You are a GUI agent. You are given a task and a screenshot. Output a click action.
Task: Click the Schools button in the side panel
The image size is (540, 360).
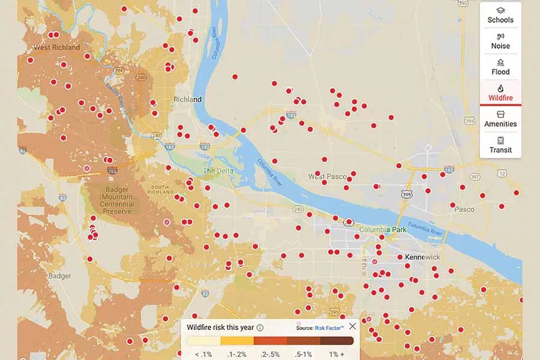(500, 15)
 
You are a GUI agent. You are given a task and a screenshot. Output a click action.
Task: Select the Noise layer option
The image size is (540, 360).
(500, 41)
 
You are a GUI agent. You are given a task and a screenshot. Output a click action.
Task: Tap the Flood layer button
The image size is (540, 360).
(500, 67)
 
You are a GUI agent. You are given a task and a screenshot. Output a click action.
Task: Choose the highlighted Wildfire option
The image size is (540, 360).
(500, 93)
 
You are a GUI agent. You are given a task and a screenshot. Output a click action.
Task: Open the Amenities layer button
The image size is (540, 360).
(500, 119)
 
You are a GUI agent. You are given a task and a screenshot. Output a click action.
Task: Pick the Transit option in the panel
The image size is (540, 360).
(500, 145)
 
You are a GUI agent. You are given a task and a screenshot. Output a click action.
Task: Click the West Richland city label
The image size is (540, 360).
(57, 47)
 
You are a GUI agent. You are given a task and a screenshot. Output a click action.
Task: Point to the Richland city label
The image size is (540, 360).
(187, 99)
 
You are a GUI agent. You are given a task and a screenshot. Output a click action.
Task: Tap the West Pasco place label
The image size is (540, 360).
(328, 176)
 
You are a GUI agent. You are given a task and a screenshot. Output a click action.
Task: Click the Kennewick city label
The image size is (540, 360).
(422, 257)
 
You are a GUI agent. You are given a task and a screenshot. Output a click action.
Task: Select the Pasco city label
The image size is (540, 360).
(464, 209)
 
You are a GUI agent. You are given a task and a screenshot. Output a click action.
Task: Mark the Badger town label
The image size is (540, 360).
(59, 276)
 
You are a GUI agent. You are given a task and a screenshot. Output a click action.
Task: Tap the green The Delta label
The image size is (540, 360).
(217, 171)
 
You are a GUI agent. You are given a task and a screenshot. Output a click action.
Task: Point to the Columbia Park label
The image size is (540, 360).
(383, 230)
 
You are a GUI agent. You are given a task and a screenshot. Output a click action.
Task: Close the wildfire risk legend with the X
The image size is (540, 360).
(352, 326)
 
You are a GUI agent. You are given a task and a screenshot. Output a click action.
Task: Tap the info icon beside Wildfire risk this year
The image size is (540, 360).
(260, 328)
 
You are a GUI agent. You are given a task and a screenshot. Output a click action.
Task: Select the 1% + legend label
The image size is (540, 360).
(337, 355)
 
